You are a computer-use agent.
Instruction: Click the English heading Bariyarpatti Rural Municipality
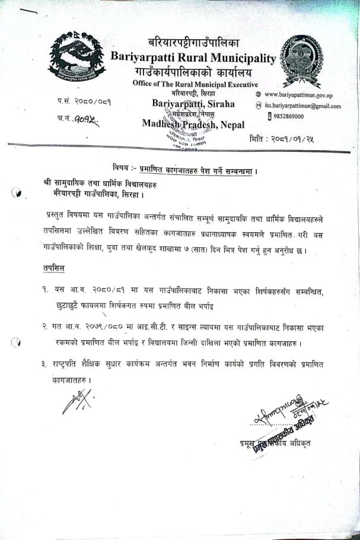(x=193, y=58)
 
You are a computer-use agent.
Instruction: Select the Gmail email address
(x=302, y=106)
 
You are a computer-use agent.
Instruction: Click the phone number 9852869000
(x=289, y=116)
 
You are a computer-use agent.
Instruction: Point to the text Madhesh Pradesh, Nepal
(x=197, y=124)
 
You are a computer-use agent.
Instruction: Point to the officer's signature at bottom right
(x=284, y=411)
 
